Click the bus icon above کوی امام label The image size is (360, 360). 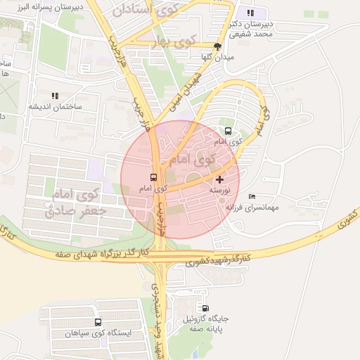154,178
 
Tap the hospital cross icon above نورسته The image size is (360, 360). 219,180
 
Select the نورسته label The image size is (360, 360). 219,191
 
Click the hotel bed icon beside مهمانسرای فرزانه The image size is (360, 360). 252,196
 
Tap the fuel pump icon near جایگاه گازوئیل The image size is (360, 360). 205,308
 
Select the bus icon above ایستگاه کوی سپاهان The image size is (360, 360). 98,323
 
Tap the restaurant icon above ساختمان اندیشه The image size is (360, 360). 55,96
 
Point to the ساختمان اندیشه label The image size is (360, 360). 55,107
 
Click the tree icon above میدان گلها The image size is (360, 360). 217,46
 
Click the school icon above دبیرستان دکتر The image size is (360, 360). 251,13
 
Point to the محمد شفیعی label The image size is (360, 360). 253,34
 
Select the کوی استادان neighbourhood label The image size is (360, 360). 147,11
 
